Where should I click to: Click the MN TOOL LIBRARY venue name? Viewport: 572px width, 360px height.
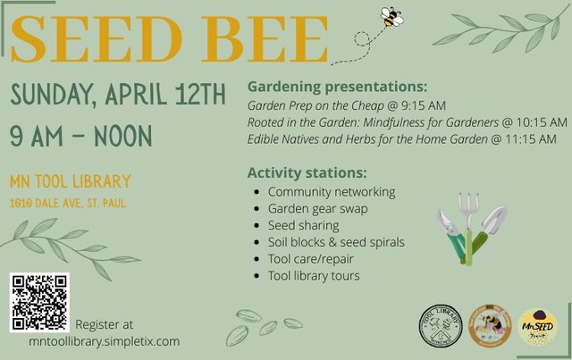(70, 181)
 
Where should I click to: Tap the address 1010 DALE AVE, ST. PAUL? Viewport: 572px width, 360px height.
(67, 203)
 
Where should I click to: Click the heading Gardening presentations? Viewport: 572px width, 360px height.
(337, 88)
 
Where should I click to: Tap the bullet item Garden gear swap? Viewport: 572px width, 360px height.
(317, 208)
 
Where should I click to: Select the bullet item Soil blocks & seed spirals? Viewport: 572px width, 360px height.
(336, 242)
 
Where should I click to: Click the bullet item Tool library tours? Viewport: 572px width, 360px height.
(314, 275)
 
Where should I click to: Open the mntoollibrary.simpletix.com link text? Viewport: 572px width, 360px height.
(104, 340)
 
